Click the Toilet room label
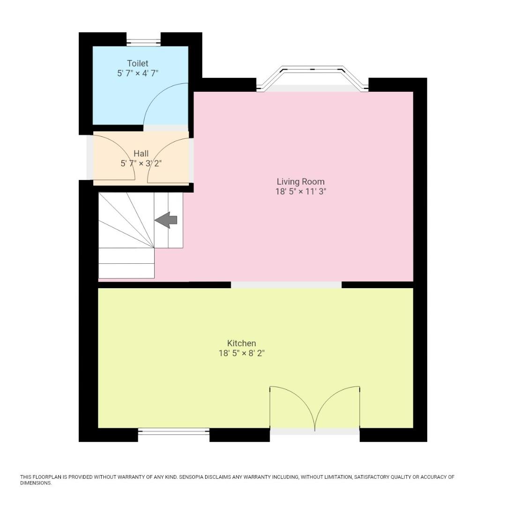pos(137,63)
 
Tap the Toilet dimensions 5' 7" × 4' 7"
pos(138,73)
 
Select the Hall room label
pos(141,154)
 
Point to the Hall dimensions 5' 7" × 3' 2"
pos(141,164)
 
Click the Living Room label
pos(300,182)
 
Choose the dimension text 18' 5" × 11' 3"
pos(300,192)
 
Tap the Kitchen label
pos(241,343)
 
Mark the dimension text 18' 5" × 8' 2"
pos(241,353)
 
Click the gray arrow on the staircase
pos(166,220)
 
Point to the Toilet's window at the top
pos(143,43)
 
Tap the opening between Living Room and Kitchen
pos(286,285)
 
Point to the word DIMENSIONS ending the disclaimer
pos(36,483)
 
